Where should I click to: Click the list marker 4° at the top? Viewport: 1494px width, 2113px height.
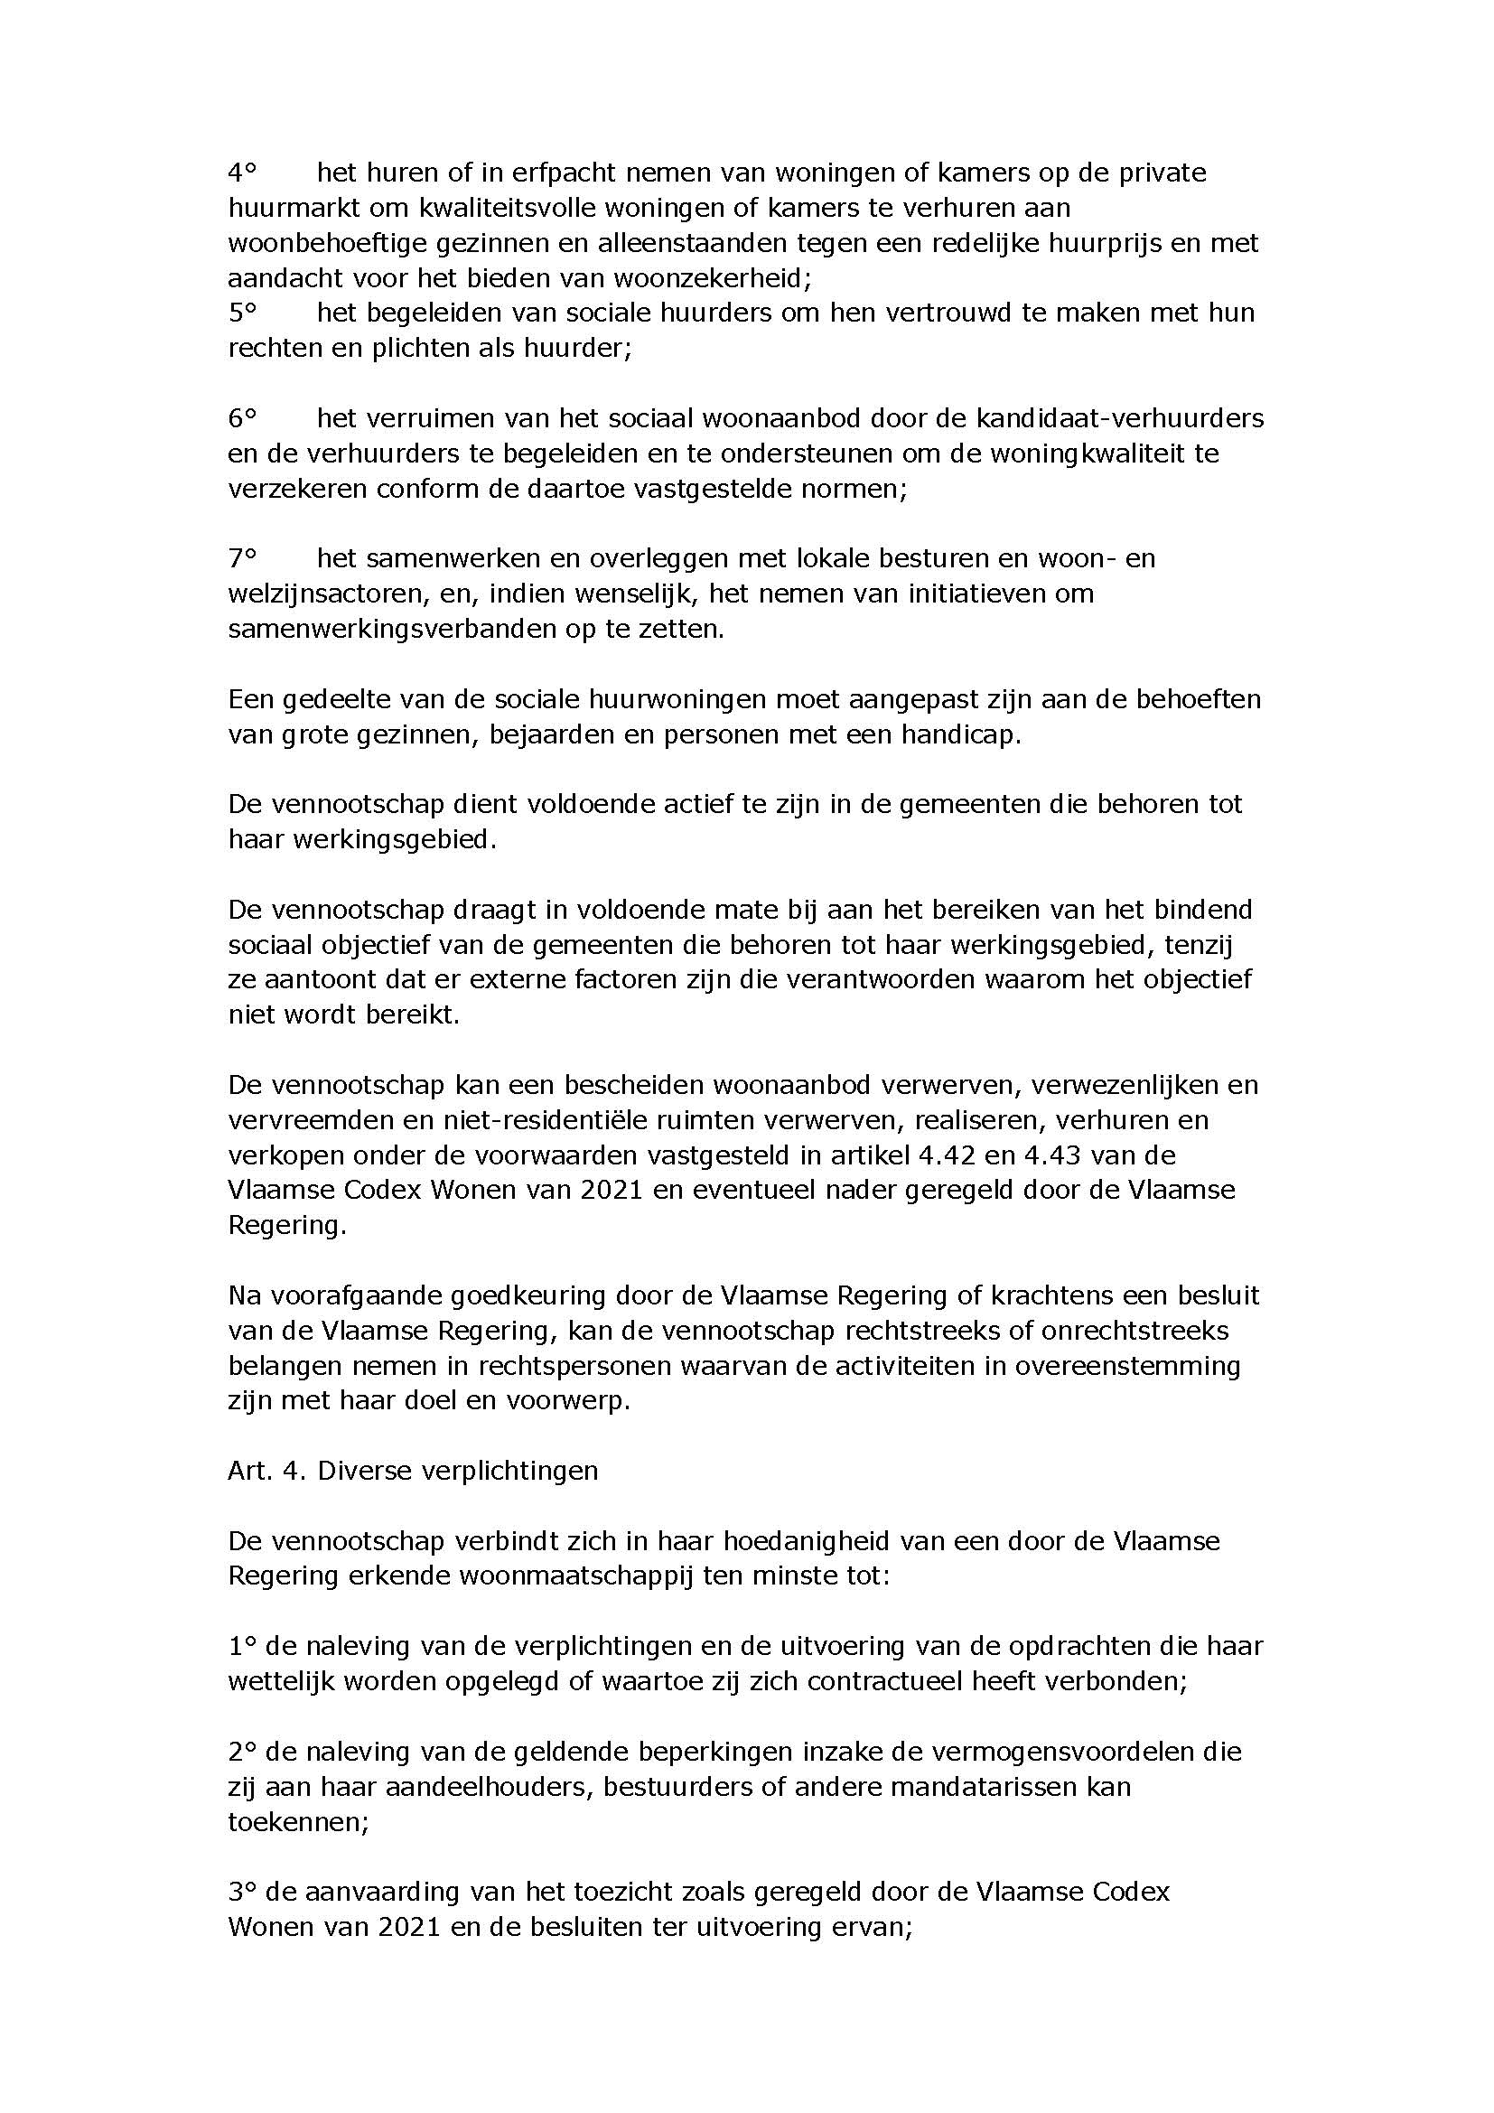(241, 173)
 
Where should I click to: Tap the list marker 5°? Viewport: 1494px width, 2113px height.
(241, 313)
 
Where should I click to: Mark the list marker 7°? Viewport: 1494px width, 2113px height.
(241, 558)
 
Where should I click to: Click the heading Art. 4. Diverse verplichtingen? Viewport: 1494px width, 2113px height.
(413, 1471)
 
